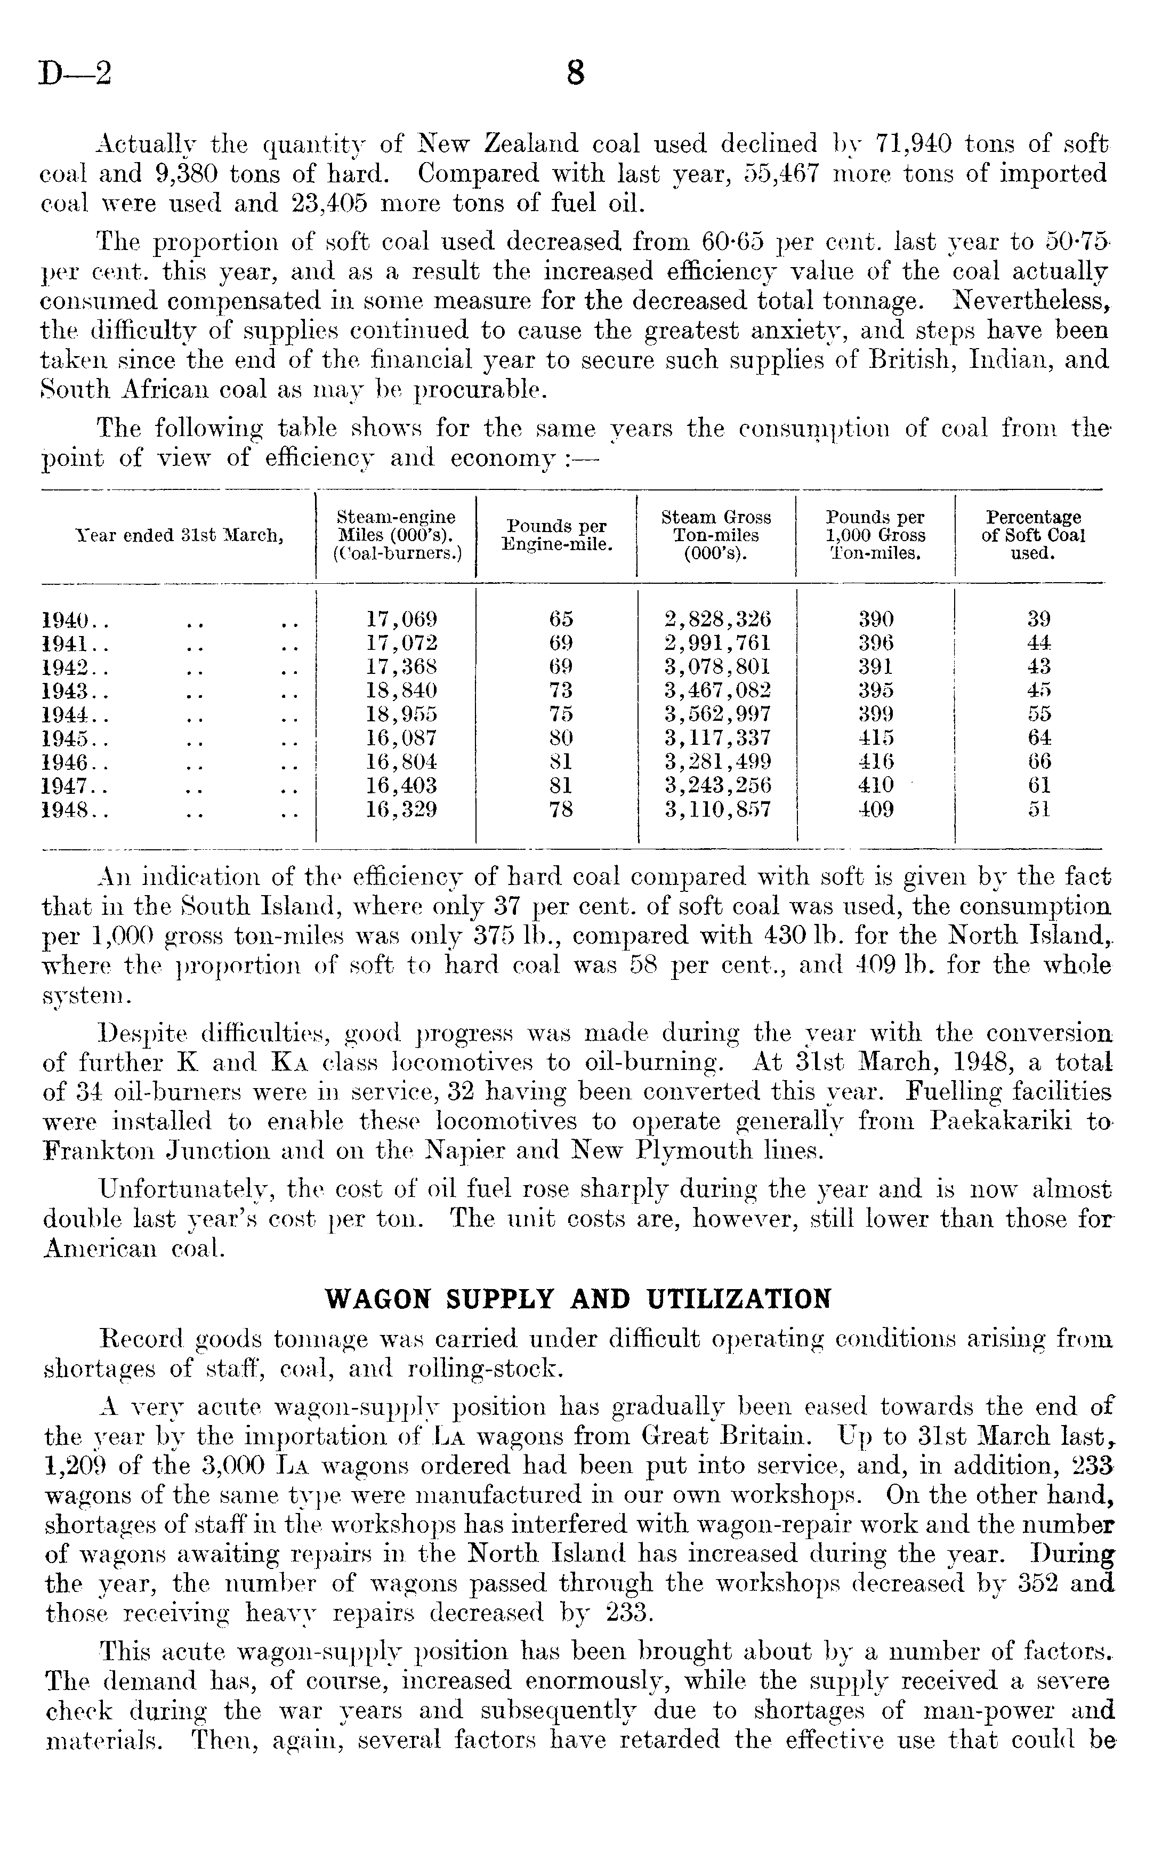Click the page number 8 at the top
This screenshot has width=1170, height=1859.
click(575, 74)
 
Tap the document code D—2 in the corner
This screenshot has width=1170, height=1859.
click(76, 74)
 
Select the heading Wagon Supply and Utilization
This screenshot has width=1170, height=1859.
click(578, 1299)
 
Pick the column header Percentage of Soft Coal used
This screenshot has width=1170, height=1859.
click(1032, 535)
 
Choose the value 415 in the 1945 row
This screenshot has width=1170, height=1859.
click(876, 738)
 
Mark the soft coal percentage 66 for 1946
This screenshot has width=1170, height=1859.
click(1039, 762)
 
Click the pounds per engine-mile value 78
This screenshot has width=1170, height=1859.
click(561, 810)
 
